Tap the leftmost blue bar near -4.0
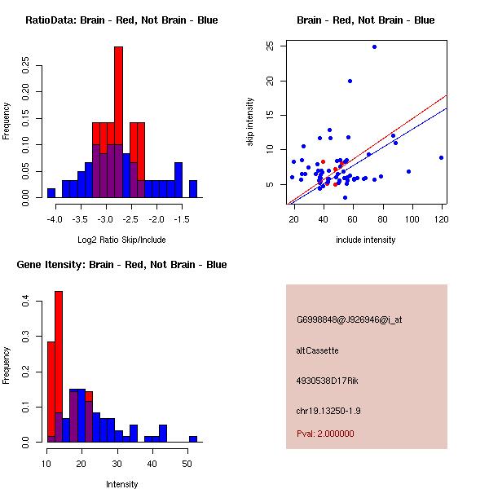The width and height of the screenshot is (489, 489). point(51,193)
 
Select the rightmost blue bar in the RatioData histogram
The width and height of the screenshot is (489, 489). point(193,188)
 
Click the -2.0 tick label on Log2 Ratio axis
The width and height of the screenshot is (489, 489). point(156,219)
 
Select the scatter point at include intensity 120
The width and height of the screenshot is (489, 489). point(441,157)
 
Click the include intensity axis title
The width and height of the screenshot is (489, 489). point(366,240)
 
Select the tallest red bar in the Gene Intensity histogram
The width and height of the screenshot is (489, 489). point(59,367)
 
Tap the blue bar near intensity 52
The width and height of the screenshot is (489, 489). point(193,438)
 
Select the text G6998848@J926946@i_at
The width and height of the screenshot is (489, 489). point(350,319)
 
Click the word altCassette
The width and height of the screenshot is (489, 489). point(318,350)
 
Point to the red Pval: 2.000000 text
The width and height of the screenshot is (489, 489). point(326,434)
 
